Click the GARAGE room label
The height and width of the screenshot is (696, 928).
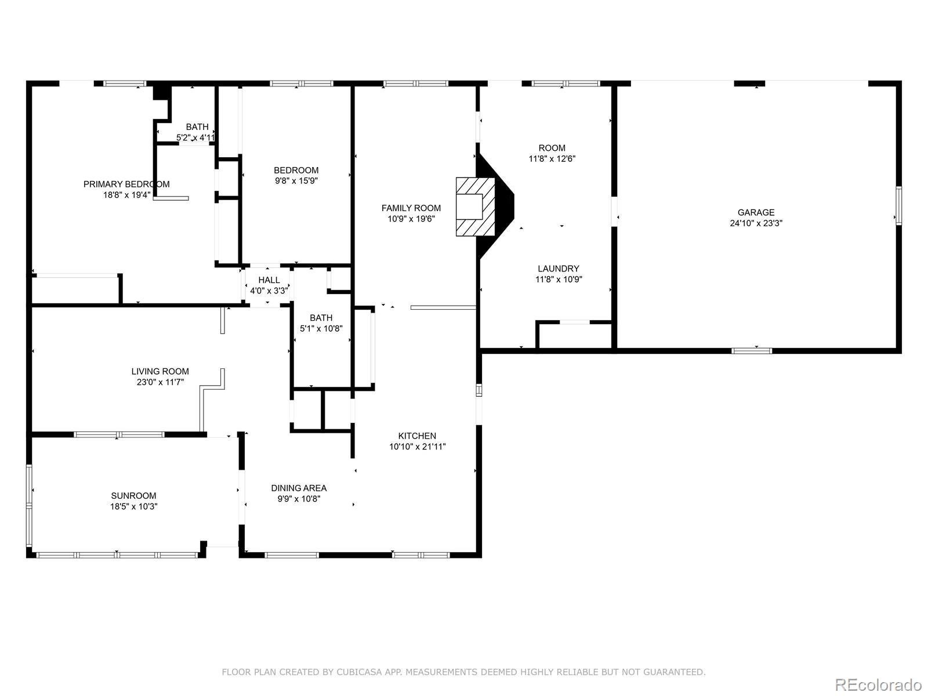coord(756,212)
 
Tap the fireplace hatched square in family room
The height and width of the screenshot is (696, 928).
coord(475,206)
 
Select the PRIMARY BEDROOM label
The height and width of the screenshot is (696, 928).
coord(126,184)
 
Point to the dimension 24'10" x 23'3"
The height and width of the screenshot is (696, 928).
coord(756,223)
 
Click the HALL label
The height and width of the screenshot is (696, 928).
coord(269,280)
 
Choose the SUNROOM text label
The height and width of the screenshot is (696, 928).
coord(133,496)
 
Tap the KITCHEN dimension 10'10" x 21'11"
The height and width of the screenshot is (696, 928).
coord(417,447)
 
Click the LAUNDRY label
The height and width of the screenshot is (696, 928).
coord(558,269)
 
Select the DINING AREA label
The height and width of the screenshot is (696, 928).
coord(299,488)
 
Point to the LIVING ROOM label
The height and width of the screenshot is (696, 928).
coord(159,371)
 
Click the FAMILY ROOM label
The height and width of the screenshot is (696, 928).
coord(411,208)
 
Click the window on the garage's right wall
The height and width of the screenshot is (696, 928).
coord(898,205)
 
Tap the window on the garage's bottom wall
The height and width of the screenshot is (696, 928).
coord(752,350)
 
